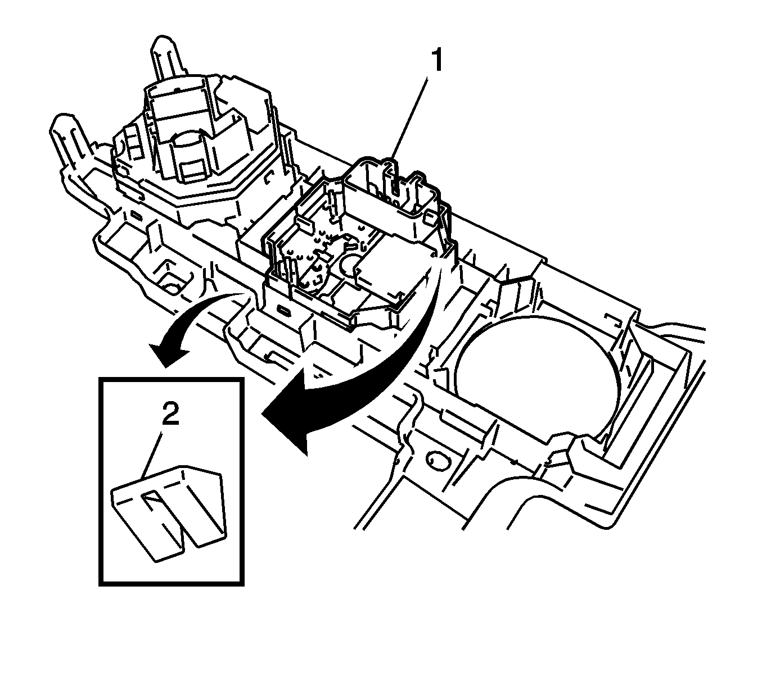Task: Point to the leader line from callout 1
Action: click(x=411, y=118)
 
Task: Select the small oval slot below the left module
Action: click(x=136, y=215)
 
